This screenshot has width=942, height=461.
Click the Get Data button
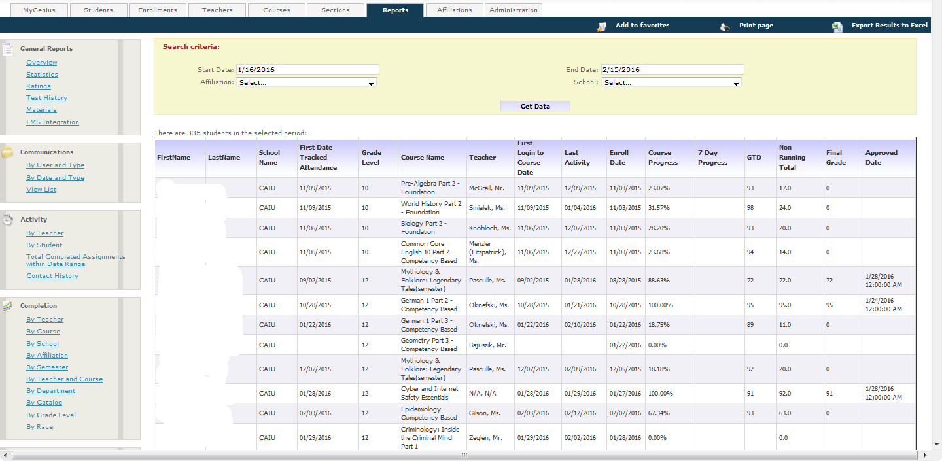point(534,106)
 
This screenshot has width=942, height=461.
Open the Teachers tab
point(217,10)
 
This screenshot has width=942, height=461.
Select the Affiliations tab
point(454,10)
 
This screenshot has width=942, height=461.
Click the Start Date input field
point(307,69)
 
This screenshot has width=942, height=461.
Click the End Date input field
point(672,69)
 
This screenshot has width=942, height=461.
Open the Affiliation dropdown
point(306,83)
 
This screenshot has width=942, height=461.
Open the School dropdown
point(671,83)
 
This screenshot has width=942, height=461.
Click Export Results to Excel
point(888,26)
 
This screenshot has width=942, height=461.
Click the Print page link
point(756,26)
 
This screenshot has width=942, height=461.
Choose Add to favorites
point(641,26)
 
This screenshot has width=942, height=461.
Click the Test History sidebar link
point(46,98)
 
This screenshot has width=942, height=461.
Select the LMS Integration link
point(52,122)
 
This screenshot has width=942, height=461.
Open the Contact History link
point(52,276)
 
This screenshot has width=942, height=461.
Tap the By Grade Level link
point(51,415)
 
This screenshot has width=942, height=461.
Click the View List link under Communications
point(41,190)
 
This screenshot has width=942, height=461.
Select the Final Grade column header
point(835,158)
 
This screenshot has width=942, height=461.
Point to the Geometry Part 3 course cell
point(428,345)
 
